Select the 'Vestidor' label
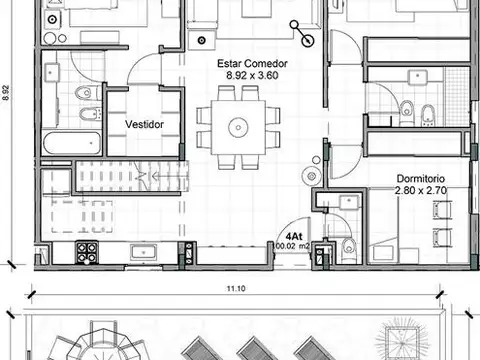(144, 124)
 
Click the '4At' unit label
(295, 225)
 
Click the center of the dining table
(238, 127)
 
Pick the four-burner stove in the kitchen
(87, 252)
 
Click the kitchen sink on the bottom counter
(144, 251)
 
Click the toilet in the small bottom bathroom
(349, 246)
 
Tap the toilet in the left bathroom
(84, 93)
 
